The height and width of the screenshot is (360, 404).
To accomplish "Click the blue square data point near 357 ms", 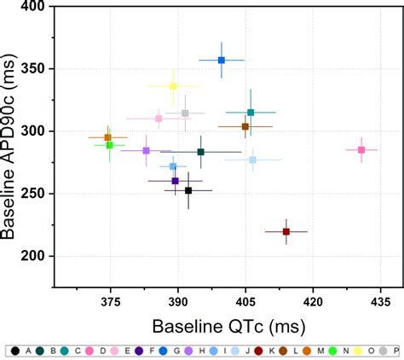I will [x=222, y=61].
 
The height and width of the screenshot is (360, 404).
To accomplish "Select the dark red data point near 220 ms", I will [x=286, y=231].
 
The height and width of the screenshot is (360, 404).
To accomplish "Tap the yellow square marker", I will [x=173, y=86].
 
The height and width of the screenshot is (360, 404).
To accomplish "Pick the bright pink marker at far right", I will [x=361, y=150].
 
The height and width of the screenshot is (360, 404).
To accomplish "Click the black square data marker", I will [x=188, y=190].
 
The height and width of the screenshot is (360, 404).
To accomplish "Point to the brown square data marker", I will [x=245, y=126].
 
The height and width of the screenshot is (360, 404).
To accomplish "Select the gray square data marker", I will [x=185, y=113].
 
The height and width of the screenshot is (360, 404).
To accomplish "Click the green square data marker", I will [x=109, y=145].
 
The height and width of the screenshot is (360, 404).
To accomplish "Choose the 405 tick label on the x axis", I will [x=245, y=302].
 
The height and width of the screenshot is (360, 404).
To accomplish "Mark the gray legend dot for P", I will [x=383, y=351].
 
